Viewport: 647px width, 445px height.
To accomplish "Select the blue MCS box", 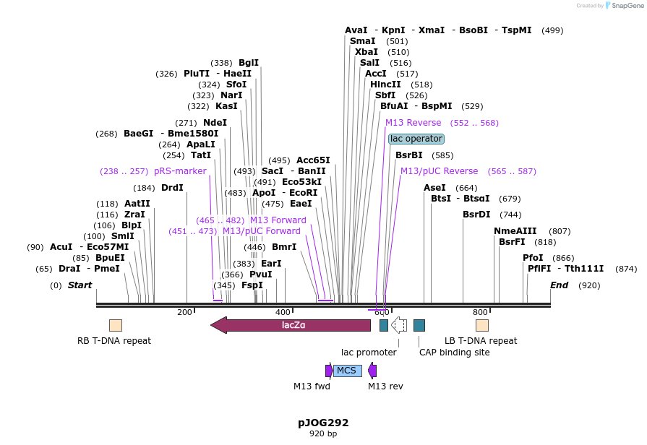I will click(x=347, y=371).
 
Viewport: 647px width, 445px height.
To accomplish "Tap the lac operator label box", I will click(x=416, y=139).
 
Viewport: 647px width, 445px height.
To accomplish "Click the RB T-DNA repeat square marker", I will click(x=116, y=325).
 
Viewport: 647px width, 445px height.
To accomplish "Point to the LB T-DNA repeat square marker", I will click(x=482, y=325).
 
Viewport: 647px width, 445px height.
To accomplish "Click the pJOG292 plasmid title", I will click(x=323, y=423).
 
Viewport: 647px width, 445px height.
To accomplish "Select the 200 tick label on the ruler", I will click(x=184, y=312).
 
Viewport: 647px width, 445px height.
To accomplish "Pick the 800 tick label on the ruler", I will click(x=480, y=312).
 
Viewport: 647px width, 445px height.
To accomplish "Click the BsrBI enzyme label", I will click(x=409, y=155).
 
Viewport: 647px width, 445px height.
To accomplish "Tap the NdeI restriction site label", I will click(x=215, y=123).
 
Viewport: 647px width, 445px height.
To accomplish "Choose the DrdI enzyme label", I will click(x=172, y=188).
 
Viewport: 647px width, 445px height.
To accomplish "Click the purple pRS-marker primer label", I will click(x=180, y=171).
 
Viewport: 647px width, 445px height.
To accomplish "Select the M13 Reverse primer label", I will click(x=413, y=123).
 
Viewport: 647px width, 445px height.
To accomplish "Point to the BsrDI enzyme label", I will click(x=476, y=215).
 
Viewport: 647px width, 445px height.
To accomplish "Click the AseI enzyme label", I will click(x=434, y=188).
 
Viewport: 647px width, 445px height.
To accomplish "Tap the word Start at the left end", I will click(x=80, y=285).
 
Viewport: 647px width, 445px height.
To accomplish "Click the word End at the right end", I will click(x=559, y=285).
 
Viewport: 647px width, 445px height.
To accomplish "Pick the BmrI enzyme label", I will click(x=284, y=247).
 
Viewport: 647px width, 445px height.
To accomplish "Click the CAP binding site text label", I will click(x=454, y=353).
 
